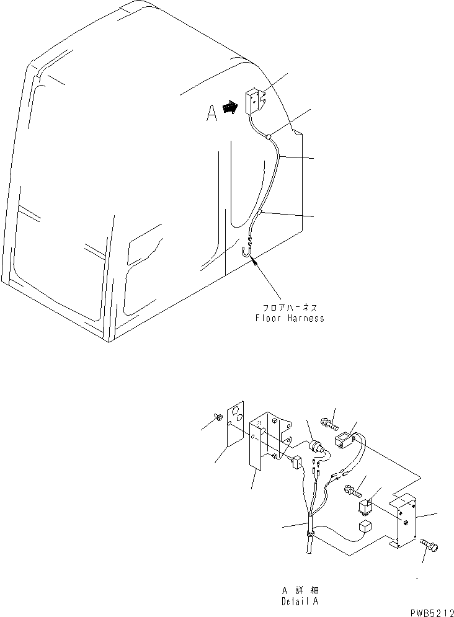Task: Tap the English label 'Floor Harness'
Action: (290, 318)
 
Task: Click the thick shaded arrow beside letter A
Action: (230, 108)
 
